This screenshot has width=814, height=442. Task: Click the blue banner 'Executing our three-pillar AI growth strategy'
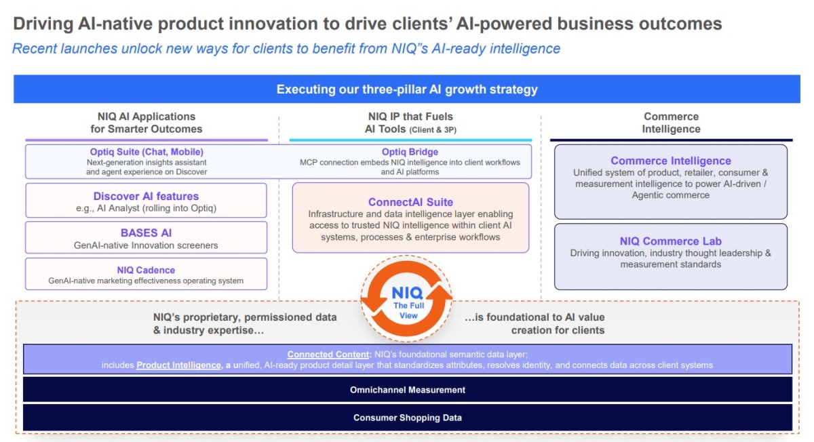(406, 89)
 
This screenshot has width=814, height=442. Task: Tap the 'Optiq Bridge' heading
(410, 152)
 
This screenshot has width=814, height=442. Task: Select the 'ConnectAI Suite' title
(410, 202)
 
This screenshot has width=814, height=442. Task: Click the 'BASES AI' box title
(146, 233)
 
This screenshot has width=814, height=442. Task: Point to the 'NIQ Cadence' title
(146, 270)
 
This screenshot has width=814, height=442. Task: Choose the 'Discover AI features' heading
(146, 196)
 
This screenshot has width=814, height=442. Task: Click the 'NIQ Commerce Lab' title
(670, 241)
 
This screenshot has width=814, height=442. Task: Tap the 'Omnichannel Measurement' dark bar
(408, 389)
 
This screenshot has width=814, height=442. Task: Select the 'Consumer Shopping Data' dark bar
(408, 418)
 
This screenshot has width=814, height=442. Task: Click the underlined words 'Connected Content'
(328, 354)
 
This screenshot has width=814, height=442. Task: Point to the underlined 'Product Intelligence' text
(178, 365)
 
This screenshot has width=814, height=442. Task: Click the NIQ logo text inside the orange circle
(407, 293)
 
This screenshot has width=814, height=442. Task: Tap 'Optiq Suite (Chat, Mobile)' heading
(147, 152)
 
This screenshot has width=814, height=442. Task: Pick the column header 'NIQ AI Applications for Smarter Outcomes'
(146, 123)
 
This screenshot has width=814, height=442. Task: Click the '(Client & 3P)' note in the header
(433, 129)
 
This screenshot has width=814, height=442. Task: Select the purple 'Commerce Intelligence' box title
(670, 161)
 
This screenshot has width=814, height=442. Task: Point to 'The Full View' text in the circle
(408, 310)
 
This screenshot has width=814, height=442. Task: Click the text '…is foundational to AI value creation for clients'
(535, 323)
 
